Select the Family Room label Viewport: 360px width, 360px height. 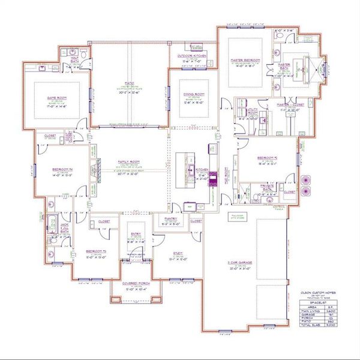[x=125, y=163]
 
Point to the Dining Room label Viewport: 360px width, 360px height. [x=196, y=94]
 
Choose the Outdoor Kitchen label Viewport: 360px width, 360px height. [x=193, y=55]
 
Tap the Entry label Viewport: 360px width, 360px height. [x=136, y=235]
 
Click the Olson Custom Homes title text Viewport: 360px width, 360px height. [x=314, y=292]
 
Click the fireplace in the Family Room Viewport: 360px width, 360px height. [x=95, y=171]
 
